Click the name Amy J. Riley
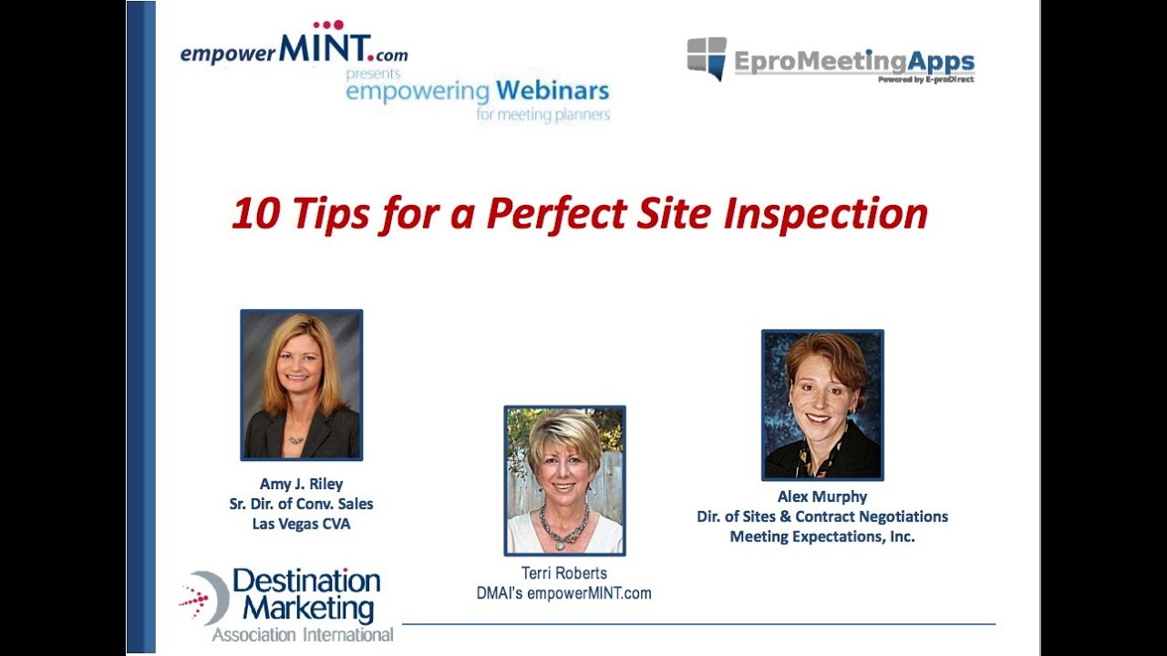(x=301, y=484)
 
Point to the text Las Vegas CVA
(x=301, y=524)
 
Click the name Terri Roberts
(x=563, y=574)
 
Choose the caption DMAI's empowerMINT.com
(x=563, y=593)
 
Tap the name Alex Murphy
(x=821, y=497)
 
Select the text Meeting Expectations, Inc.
(x=821, y=537)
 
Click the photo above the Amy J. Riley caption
(x=301, y=384)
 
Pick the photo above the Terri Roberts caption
(x=564, y=480)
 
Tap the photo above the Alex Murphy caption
(x=822, y=405)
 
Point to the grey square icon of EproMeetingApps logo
(x=707, y=57)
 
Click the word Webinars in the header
(x=553, y=92)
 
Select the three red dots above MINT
(x=328, y=26)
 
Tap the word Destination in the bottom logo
(x=306, y=581)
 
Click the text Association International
(x=303, y=634)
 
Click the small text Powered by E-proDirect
(x=925, y=80)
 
